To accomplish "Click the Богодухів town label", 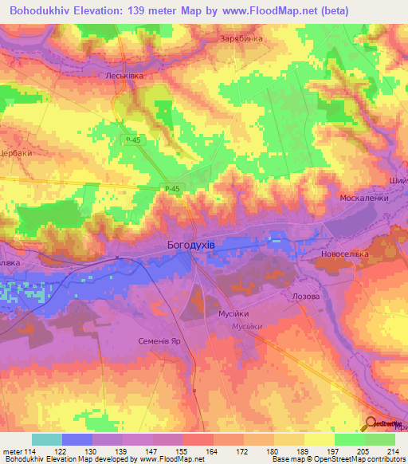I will pos(191,245).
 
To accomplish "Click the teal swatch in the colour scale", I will pos(46,439).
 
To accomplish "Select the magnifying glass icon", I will pos(371,424).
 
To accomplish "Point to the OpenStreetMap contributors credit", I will pos(358,460).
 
